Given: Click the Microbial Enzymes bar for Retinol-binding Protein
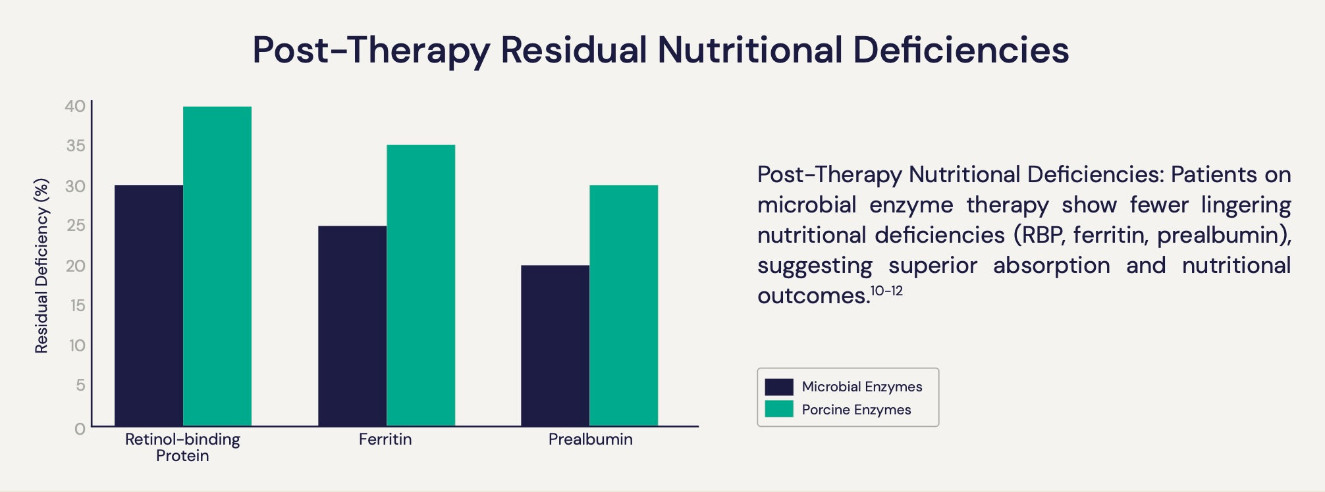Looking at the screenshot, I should tap(149, 305).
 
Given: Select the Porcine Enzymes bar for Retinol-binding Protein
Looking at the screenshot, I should tap(217, 266).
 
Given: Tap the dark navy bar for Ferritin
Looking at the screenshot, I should tap(352, 326).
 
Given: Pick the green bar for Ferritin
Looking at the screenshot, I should tap(421, 285).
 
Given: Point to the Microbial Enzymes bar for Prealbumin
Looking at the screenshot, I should tap(555, 345).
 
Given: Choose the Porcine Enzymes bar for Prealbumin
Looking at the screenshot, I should tap(624, 305).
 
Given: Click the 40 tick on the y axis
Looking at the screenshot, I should tap(75, 106).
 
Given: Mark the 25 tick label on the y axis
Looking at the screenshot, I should tap(76, 226).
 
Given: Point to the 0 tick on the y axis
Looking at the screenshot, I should tap(80, 429).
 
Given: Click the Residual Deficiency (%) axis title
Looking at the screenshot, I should tap(41, 266).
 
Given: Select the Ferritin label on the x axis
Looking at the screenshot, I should tap(385, 439).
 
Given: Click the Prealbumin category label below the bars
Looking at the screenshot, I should tap(590, 439).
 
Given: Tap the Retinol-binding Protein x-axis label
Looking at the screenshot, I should tap(182, 447).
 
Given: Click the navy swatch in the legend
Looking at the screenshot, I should tap(778, 387).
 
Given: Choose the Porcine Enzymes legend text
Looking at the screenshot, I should tap(856, 410).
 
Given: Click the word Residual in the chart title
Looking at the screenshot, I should tap(574, 50).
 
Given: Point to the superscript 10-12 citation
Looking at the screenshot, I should tap(886, 291).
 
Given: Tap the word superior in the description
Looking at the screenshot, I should tap(933, 266).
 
